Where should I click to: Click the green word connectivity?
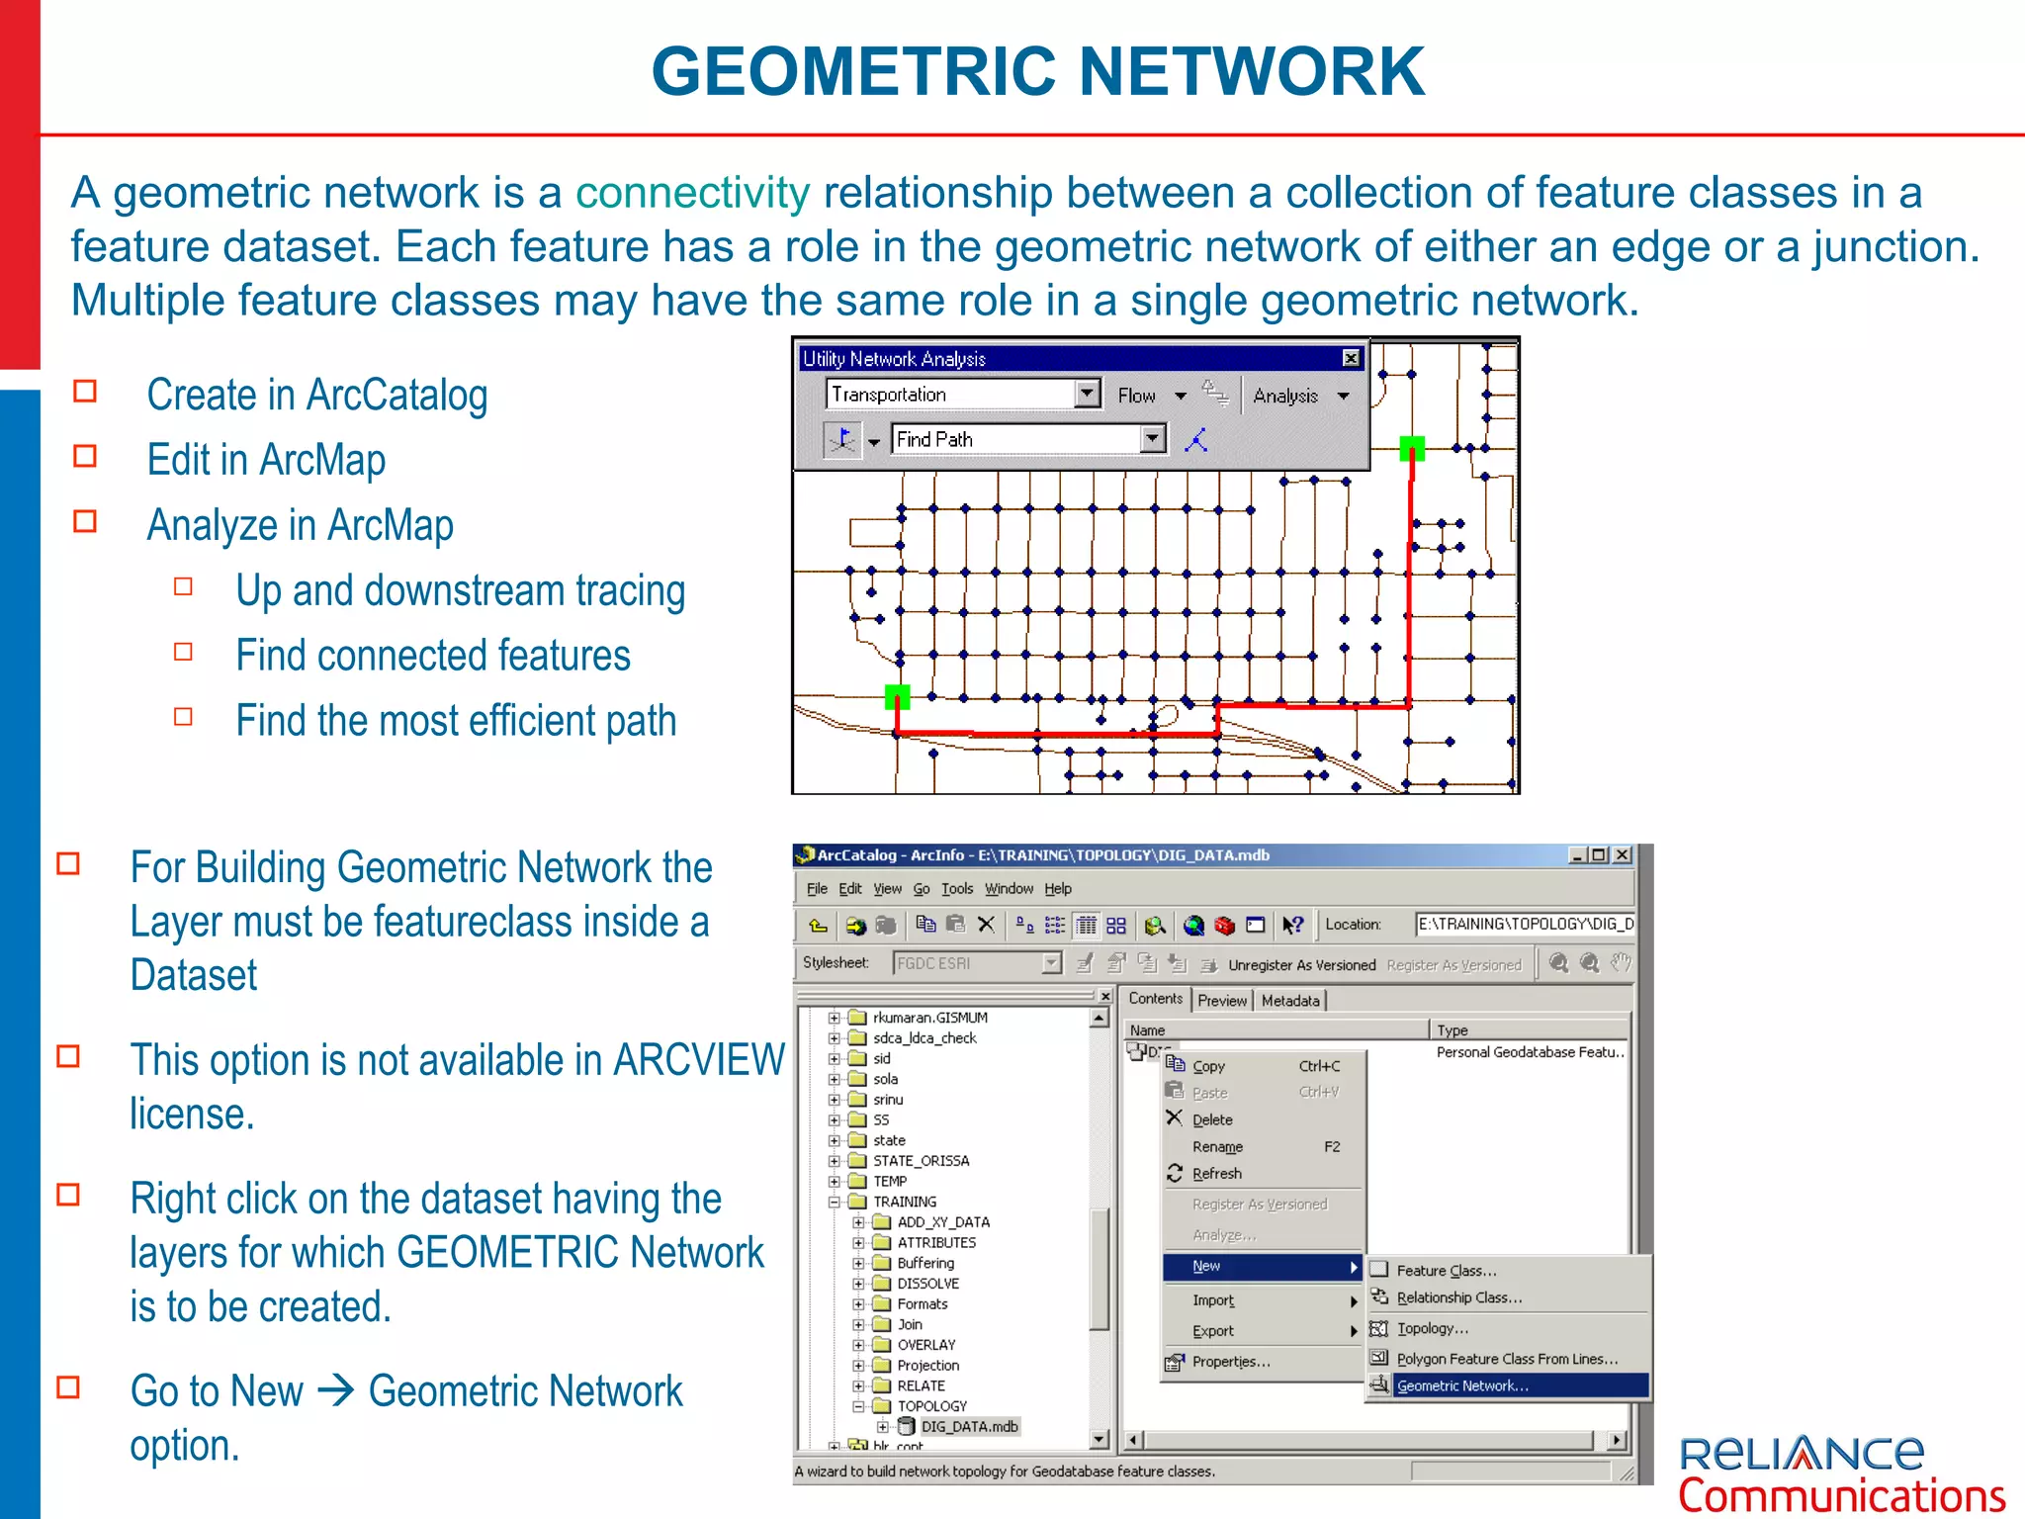(692, 193)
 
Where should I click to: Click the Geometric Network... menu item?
(1461, 1385)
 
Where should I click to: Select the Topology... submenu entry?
(1432, 1328)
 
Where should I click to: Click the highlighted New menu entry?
(1206, 1266)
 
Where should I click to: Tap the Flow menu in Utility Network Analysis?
(1137, 396)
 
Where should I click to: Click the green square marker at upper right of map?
(1412, 449)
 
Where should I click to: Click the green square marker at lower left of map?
(897, 696)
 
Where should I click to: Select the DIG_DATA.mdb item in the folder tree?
(968, 1426)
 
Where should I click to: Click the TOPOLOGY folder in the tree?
(931, 1405)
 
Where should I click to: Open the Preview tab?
(1222, 1000)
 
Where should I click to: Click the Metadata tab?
(1290, 1000)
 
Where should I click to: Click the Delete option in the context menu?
(1212, 1119)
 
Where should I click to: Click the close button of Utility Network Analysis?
(1351, 358)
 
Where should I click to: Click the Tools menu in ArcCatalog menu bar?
(956, 888)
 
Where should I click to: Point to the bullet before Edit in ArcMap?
(86, 456)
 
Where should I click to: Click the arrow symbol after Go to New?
(336, 1391)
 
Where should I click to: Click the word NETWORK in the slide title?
(1251, 72)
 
